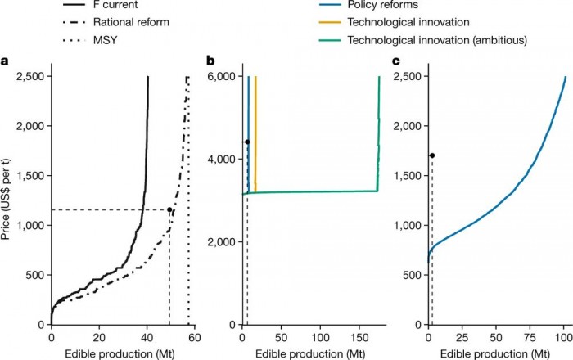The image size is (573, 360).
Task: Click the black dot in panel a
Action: point(169,209)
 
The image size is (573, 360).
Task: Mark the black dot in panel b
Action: point(247,142)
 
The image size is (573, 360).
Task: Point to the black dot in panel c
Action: point(431,155)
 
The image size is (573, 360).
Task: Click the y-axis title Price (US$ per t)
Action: point(8,200)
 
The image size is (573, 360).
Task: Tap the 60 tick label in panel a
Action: point(194,337)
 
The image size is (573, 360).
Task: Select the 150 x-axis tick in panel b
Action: point(360,337)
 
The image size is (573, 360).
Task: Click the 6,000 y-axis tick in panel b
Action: point(221,76)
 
